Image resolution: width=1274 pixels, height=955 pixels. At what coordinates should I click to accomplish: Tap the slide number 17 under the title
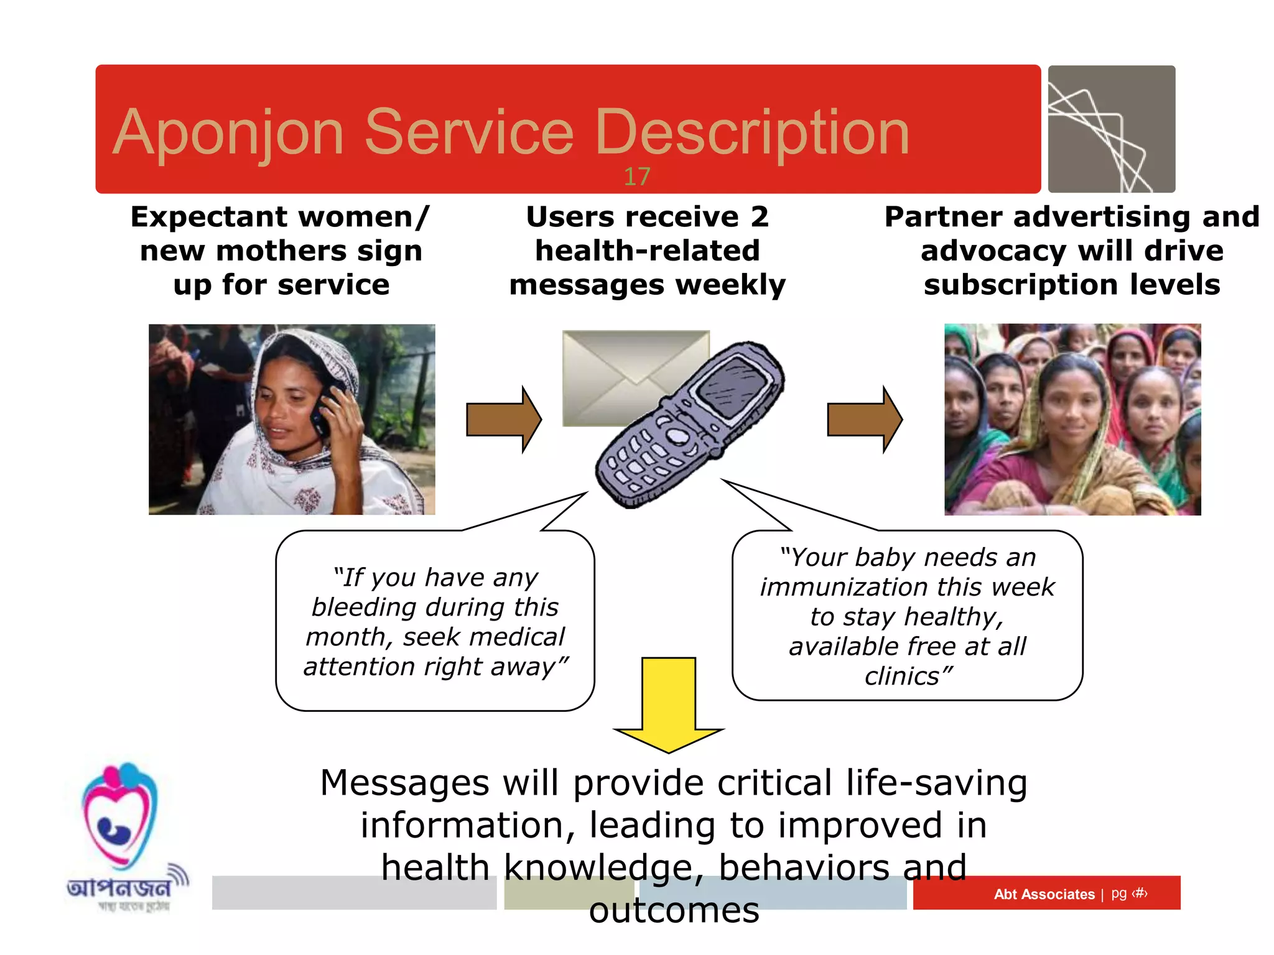636,177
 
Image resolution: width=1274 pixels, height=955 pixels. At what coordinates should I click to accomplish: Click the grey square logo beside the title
1111,129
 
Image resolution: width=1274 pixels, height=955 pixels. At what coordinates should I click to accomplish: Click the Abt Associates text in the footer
1044,894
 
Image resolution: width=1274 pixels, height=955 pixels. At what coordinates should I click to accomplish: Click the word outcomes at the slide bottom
674,911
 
